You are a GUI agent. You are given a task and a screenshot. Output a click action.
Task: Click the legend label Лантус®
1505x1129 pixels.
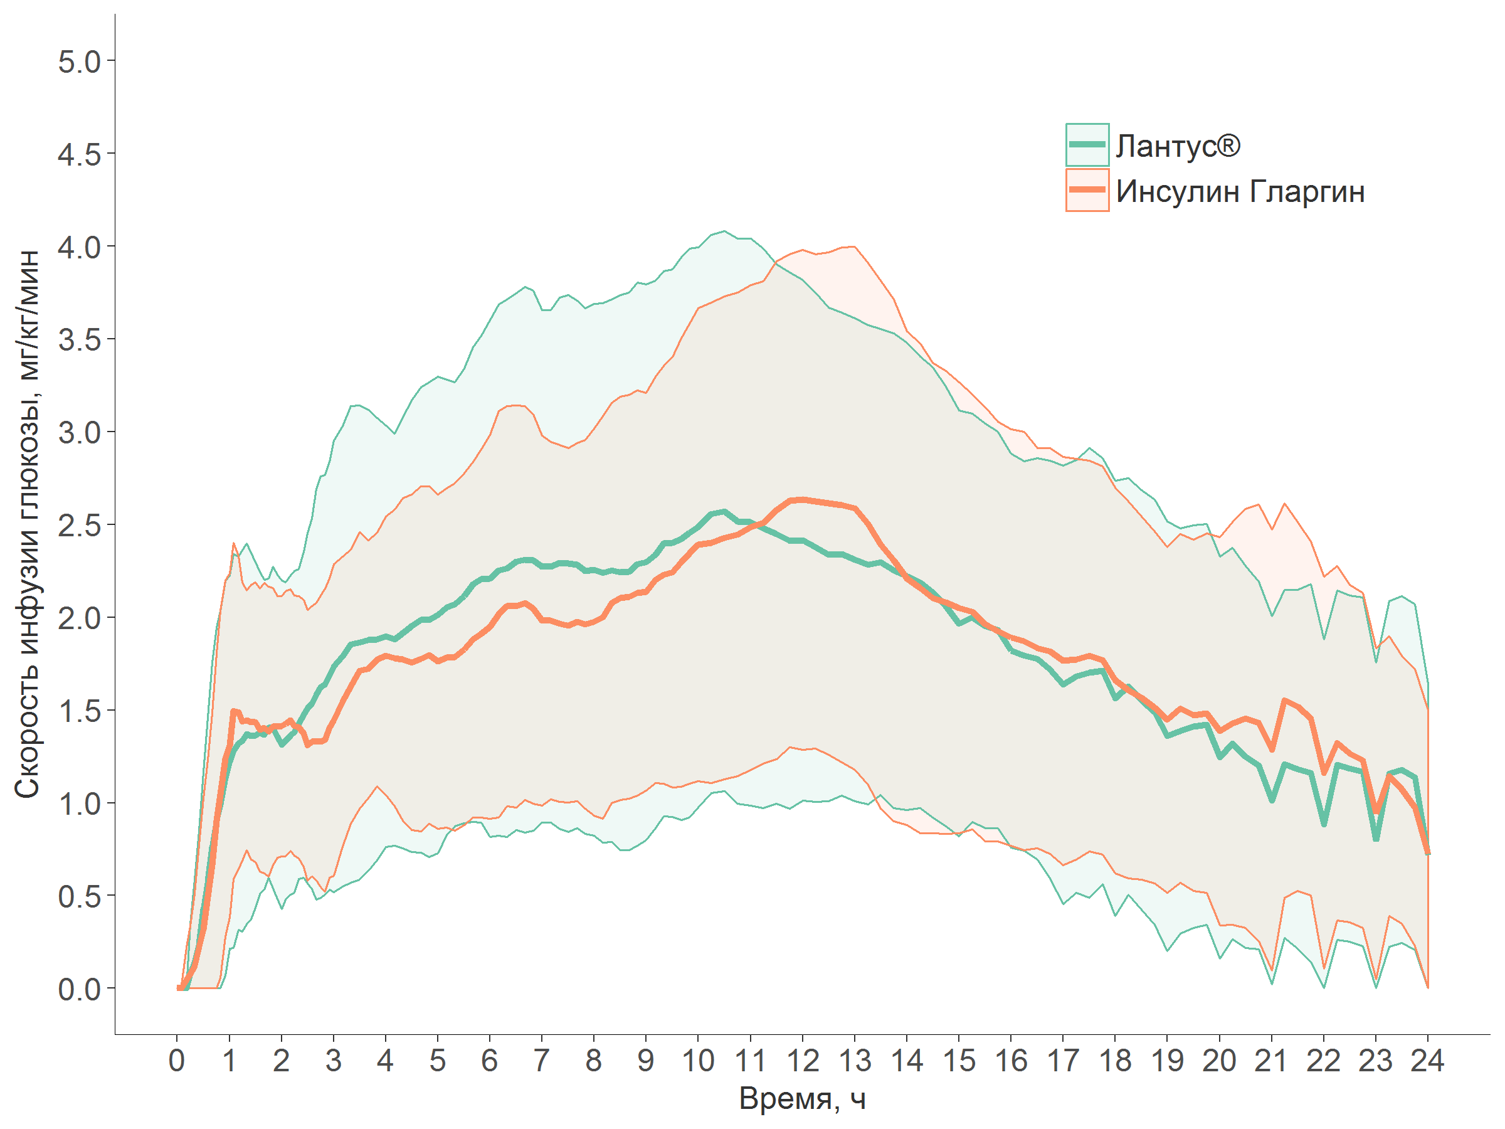(x=1178, y=146)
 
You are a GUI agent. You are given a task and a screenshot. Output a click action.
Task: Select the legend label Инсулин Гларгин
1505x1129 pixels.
(x=1240, y=192)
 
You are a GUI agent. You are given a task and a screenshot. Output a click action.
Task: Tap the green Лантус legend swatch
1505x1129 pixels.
(x=1087, y=144)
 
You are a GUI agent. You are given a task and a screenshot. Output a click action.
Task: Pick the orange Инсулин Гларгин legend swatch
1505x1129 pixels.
(x=1087, y=190)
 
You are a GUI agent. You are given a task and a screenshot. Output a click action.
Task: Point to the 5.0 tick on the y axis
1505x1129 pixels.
(x=79, y=62)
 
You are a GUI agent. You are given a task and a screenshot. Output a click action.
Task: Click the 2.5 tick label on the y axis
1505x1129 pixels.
(x=79, y=526)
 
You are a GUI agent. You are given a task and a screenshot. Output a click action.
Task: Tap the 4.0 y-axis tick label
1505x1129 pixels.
(x=79, y=248)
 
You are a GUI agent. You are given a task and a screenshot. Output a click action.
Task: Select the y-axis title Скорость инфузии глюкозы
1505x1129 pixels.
(x=27, y=524)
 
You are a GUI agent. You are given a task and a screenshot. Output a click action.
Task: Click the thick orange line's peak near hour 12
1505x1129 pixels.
(x=803, y=499)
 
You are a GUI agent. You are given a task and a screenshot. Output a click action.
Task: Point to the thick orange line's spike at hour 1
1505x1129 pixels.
(x=233, y=711)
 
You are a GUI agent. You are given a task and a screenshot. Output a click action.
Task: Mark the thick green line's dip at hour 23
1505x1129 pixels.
(x=1376, y=839)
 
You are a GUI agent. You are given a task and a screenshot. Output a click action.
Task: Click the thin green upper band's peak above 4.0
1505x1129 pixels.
(x=724, y=231)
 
